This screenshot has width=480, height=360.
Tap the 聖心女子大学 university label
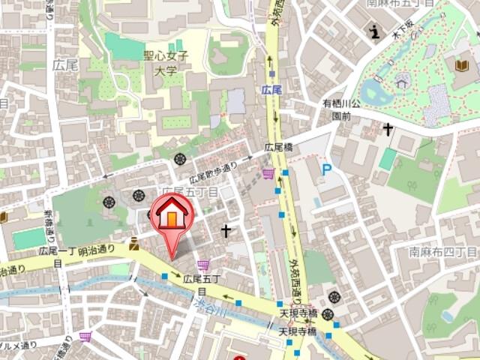click(x=166, y=63)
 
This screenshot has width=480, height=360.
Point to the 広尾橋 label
click(x=279, y=147)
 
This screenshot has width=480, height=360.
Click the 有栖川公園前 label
click(x=341, y=109)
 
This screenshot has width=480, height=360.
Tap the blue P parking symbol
click(x=326, y=170)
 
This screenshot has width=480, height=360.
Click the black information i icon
click(x=374, y=31)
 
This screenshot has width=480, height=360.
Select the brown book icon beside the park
click(x=460, y=66)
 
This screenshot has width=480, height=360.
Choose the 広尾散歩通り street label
click(x=213, y=172)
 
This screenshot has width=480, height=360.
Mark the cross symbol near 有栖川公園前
click(x=387, y=130)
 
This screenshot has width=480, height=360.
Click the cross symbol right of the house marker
click(x=226, y=231)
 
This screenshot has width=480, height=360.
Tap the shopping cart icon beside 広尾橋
click(x=268, y=175)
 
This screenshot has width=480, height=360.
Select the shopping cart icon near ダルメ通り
click(x=85, y=336)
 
